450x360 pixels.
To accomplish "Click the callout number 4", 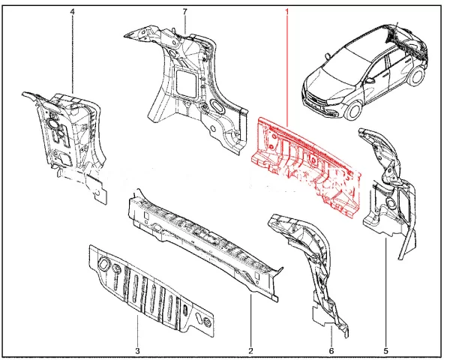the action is [72, 12].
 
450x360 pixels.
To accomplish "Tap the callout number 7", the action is [184, 12].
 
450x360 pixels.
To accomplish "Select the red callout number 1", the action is [286, 12].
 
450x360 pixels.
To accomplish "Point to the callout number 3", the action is [137, 350].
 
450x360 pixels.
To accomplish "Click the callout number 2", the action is [250, 350].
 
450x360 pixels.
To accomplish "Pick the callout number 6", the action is [331, 350].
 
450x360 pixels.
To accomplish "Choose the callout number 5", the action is [385, 350].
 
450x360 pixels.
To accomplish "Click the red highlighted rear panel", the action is [306, 166].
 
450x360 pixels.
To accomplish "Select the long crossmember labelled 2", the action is [205, 244].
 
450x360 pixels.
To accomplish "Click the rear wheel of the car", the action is [416, 75].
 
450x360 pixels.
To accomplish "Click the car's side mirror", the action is [370, 80].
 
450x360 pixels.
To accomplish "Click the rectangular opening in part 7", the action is [186, 82].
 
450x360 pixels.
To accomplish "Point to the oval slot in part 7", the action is [218, 106].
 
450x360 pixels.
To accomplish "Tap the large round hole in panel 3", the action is [103, 263].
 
